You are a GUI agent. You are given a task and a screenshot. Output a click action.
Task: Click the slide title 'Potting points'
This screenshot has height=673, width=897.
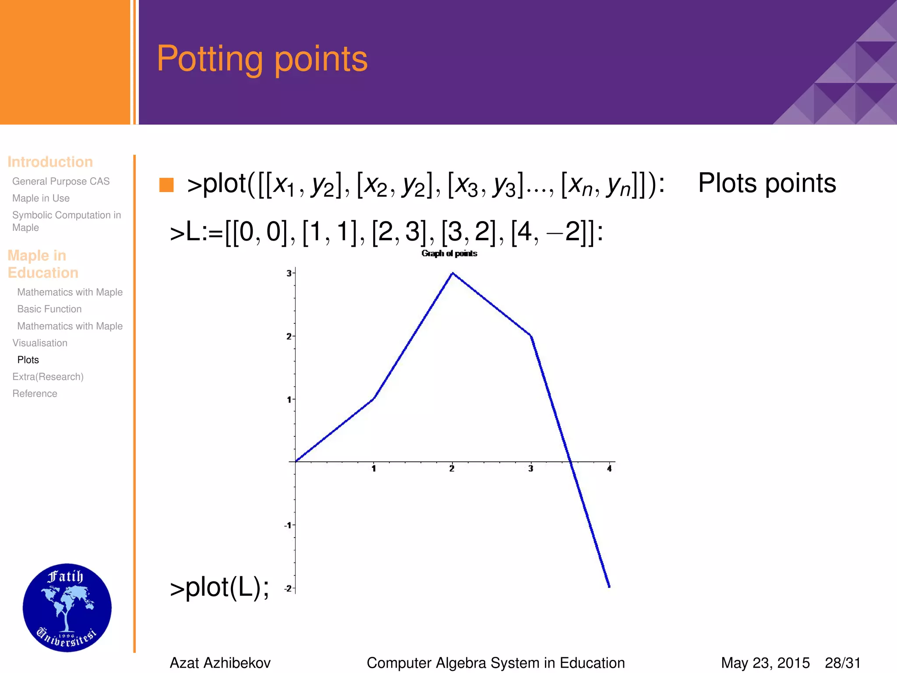coord(262,59)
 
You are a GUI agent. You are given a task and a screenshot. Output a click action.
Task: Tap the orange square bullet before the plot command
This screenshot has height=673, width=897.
coord(166,185)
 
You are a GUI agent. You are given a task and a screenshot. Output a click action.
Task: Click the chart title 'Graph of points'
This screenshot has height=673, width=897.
coord(449,253)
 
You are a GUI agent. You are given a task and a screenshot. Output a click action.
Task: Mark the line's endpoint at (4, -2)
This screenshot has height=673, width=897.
coord(609,586)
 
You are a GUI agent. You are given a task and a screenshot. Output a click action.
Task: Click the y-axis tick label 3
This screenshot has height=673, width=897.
coord(289,273)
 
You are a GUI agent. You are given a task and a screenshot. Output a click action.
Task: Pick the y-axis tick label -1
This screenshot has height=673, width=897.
coord(287,525)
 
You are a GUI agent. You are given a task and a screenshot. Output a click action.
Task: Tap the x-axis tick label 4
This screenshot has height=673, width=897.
coord(609,469)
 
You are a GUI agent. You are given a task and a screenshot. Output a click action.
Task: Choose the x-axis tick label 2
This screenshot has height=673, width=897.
coord(452,469)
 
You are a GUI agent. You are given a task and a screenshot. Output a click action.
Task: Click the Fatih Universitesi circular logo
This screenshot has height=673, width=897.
coord(67,607)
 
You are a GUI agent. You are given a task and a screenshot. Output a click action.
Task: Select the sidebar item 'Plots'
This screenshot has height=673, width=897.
coord(28,360)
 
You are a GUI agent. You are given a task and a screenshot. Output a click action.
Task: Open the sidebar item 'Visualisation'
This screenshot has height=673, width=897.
coord(40,343)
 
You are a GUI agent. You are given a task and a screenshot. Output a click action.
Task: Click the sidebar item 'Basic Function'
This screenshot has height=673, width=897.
coord(49,309)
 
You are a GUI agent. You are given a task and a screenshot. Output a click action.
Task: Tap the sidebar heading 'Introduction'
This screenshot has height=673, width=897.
coord(50,162)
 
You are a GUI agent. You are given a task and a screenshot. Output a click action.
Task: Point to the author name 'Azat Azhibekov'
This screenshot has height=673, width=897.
coord(220,663)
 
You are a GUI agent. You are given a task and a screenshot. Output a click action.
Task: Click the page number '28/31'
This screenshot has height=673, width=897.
coord(843,663)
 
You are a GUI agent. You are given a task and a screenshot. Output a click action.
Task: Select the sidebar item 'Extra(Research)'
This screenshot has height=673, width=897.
coord(48,377)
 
